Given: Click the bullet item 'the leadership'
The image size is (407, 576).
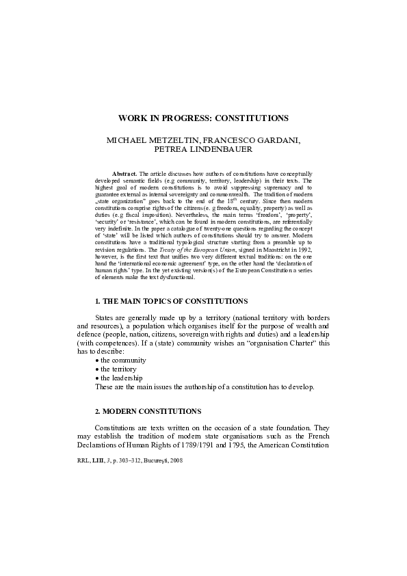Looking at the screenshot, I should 121,378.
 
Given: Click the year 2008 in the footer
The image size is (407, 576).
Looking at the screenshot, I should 176,462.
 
